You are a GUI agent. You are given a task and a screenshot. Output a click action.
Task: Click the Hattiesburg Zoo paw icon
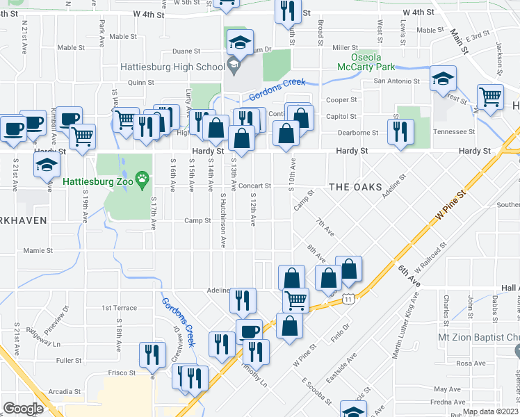pos(143,179)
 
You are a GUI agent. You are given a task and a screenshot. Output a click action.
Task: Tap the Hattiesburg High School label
pos(170,67)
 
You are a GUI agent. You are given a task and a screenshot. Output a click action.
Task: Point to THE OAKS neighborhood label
pos(355,187)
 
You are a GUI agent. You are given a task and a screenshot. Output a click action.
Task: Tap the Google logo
pos(23,409)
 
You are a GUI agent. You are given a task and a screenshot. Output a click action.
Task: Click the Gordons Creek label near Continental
pos(277,90)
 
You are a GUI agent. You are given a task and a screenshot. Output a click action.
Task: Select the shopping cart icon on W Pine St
pos(295,300)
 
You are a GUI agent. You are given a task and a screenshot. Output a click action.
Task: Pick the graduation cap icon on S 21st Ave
pos(47,165)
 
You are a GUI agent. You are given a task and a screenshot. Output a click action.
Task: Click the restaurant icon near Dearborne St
pos(400,131)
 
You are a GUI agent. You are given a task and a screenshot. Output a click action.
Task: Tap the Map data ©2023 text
pos(490,411)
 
